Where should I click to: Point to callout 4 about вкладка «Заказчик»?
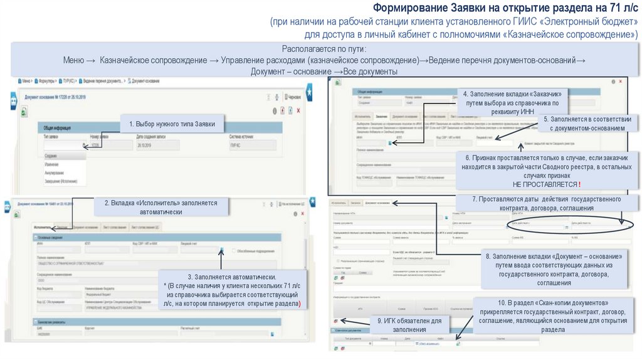[512, 102]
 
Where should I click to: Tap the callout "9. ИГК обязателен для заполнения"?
[409, 324]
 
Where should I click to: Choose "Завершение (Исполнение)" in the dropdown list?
[61, 181]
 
